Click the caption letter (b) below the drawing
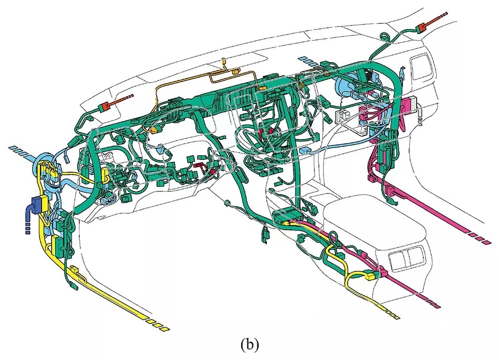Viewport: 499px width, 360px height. coord(250,345)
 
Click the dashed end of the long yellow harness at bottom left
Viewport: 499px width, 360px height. coord(158,325)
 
